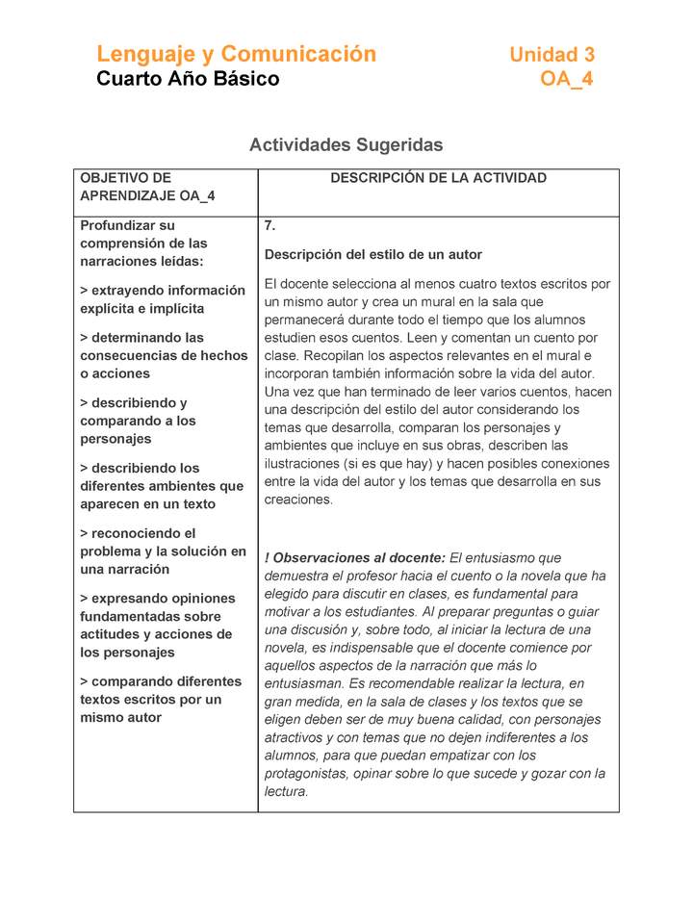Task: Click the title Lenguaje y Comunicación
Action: coord(236,54)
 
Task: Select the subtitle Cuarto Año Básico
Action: coord(188,79)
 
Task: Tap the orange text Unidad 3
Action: coord(552,55)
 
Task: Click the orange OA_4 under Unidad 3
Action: coord(566,79)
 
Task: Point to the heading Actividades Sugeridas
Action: coord(346,145)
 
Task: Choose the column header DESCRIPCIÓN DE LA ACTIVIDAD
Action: coord(438,178)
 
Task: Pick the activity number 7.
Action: coord(270,226)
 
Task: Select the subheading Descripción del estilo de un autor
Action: coord(373,255)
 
